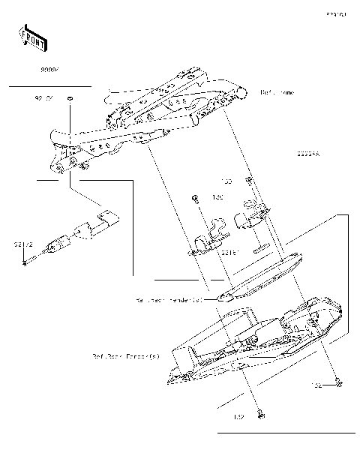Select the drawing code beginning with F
coord(335,14)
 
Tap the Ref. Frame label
coord(277,92)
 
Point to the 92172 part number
coord(22,244)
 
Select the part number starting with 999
coord(50,68)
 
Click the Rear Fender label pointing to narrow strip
coord(169,299)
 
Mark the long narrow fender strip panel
coord(259,274)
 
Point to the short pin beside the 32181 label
coord(262,247)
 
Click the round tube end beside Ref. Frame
coord(241,93)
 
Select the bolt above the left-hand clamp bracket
coord(194,199)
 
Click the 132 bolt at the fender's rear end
coord(340,385)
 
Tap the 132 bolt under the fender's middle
coord(261,413)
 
